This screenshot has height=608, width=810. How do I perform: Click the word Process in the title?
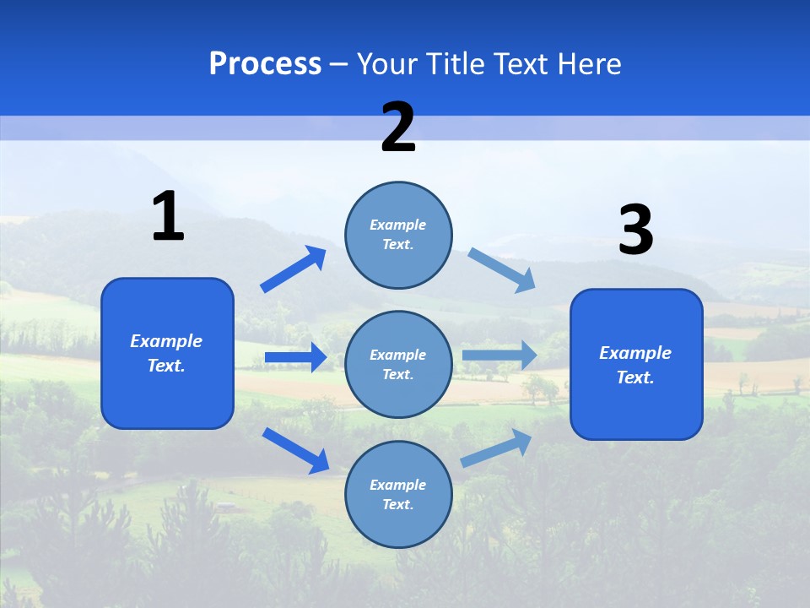point(265,64)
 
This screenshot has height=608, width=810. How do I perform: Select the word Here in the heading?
point(587,64)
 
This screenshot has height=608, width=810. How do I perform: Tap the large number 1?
point(168,217)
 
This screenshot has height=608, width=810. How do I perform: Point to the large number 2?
point(398,128)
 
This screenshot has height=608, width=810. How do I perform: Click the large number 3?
point(635,231)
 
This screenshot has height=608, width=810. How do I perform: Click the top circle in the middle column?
point(398,235)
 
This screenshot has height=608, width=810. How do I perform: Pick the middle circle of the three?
point(398,364)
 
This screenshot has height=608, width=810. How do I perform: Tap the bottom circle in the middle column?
point(398,494)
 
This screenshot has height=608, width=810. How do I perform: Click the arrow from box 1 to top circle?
point(294,269)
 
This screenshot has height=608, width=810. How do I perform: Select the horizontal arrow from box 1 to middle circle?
point(295,357)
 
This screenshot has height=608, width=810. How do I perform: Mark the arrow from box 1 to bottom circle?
point(295,450)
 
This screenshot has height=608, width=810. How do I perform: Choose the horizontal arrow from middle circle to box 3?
point(499,355)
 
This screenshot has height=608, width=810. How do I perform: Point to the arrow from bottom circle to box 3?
point(496,448)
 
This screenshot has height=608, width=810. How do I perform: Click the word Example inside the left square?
point(166,341)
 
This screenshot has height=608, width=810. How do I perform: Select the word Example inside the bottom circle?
point(397,485)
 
